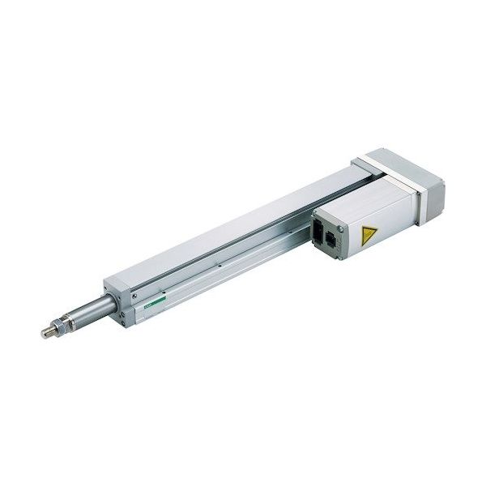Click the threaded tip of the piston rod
(48, 332)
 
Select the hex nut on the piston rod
(62, 326)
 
